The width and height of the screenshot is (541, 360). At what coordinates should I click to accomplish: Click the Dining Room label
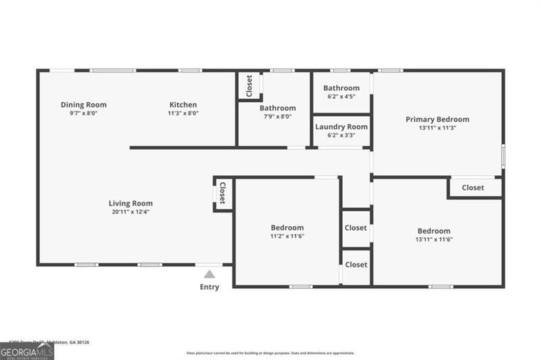[x=83, y=105]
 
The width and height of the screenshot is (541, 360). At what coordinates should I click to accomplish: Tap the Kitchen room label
[x=183, y=105]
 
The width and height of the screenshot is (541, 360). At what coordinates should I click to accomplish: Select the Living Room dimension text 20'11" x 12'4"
[x=131, y=212]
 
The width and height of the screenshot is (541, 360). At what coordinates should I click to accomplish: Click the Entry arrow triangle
[x=210, y=274]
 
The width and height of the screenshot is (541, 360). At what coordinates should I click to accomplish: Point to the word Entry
[x=210, y=287]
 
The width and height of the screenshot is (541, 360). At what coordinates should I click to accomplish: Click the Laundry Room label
[x=342, y=127]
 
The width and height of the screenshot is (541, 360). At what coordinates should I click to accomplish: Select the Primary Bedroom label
[x=437, y=119]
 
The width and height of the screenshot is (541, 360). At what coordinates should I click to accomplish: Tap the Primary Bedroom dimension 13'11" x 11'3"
[x=437, y=128]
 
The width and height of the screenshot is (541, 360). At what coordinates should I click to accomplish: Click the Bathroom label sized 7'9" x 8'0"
[x=277, y=108]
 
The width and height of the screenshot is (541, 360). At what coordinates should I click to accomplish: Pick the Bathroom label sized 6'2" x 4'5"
[x=342, y=88]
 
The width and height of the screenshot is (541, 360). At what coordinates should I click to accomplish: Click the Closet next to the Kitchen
[x=249, y=85]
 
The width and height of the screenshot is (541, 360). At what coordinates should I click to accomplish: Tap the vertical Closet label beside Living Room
[x=222, y=194]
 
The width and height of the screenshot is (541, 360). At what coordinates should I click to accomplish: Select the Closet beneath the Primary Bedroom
[x=473, y=187]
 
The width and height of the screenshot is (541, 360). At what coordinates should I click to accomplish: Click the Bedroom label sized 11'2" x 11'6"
[x=287, y=227]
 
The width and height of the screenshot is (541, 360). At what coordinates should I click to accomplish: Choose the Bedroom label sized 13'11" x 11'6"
[x=433, y=231]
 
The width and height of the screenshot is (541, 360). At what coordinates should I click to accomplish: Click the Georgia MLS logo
[x=27, y=351]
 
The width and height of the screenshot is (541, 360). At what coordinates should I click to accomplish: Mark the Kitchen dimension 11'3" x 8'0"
[x=183, y=114]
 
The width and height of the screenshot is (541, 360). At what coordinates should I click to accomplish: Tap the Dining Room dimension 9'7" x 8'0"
[x=83, y=114]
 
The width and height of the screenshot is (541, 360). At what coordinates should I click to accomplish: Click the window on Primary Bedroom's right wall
[x=503, y=155]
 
